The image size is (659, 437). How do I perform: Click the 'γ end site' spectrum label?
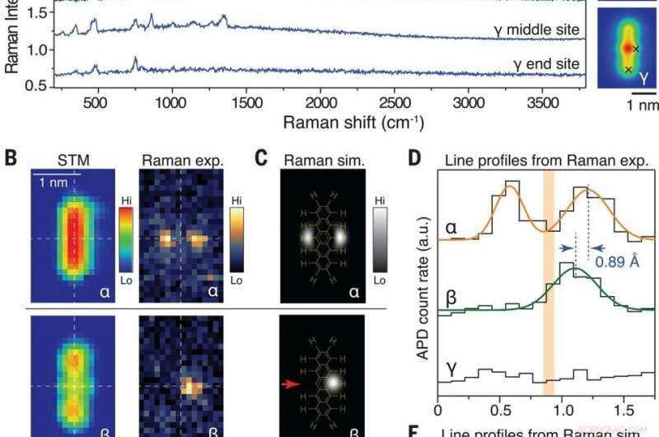(548, 63)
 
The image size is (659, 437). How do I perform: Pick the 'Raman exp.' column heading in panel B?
(179, 156)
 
